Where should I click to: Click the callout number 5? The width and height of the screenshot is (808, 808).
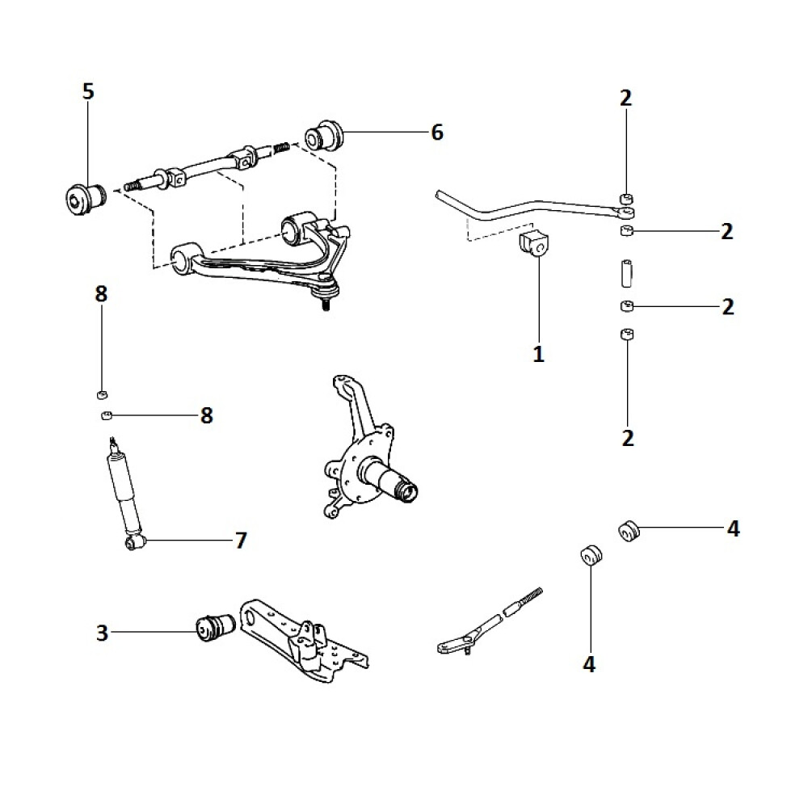pos(88,91)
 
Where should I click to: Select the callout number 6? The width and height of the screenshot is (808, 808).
pos(437,133)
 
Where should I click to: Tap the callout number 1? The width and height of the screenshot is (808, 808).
pos(538,354)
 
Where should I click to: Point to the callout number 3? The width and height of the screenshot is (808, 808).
pos(102,633)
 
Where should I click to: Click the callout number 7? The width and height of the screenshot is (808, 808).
pos(240,541)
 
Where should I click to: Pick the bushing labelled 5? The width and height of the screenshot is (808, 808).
pos(83,197)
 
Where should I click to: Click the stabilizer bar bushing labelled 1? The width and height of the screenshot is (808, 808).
pos(532,243)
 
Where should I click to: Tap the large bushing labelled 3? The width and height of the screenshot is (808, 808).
pos(215,627)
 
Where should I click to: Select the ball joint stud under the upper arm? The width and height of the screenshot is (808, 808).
pos(326,303)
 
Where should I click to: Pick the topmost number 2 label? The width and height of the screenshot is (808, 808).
pos(626,99)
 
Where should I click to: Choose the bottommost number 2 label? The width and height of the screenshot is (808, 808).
pos(628,438)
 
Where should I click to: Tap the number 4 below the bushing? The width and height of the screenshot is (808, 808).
pos(588,664)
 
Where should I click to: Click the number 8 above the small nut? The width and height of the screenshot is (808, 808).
pos(101,294)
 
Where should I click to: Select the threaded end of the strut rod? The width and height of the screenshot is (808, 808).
pos(525,599)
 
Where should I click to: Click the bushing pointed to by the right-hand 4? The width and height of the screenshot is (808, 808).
pos(630,531)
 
